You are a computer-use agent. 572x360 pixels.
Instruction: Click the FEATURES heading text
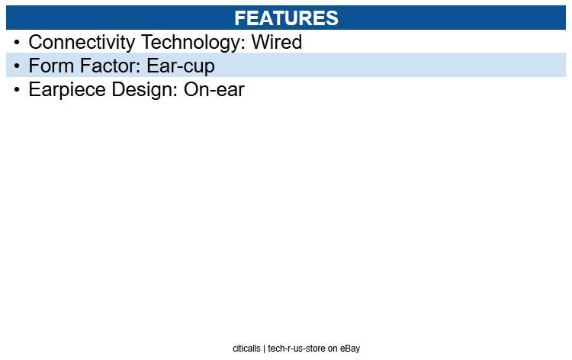pos(286,18)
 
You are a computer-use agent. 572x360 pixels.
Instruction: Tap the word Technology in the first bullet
pos(190,42)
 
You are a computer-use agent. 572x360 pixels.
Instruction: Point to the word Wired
pos(276,42)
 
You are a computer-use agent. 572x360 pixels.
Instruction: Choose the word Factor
pos(106,66)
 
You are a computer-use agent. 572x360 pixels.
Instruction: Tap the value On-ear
pos(214,89)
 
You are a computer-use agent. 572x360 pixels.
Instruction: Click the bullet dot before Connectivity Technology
pos(17,43)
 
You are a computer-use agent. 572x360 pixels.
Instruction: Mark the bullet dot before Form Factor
pos(17,66)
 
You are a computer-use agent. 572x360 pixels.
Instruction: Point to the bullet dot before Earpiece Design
pos(17,90)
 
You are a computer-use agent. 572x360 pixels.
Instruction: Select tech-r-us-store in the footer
pos(297,349)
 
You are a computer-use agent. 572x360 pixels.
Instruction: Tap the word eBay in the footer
pos(351,349)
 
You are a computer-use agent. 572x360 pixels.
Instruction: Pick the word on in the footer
pos(333,349)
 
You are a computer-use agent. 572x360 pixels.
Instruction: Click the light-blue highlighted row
pos(381,66)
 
